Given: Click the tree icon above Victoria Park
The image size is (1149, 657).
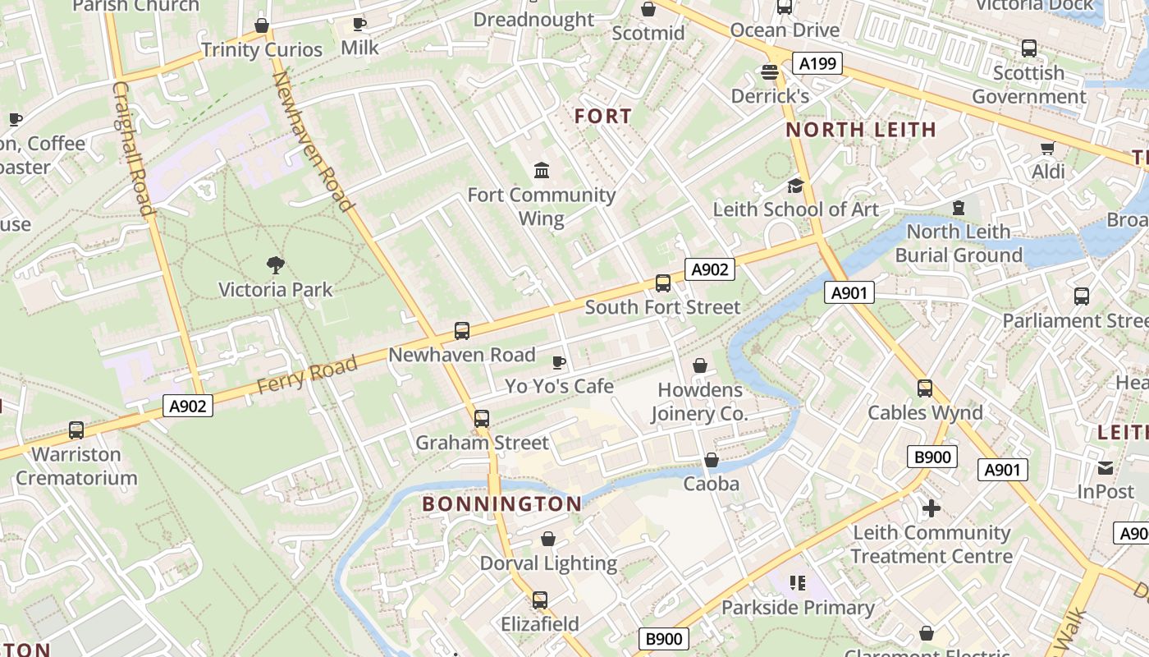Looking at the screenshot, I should point(276,264).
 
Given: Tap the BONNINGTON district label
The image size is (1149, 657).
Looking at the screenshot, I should point(502,503).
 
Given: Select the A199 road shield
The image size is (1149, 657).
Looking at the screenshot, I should point(817,63).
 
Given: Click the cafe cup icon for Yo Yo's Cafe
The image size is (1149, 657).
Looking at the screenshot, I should point(559,362).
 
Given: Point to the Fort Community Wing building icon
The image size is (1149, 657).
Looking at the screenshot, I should point(542,171).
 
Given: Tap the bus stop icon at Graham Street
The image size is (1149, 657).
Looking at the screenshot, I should point(482,419).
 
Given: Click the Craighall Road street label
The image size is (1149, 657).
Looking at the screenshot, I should point(133,148).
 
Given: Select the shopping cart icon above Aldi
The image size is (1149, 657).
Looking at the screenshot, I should point(1047,148).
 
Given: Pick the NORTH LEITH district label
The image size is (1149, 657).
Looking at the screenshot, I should point(861,129).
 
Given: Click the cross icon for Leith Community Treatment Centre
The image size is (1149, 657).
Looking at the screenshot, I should point(931,509).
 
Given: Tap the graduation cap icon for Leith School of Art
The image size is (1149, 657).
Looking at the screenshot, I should point(794,186).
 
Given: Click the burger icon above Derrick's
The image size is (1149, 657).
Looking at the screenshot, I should point(770,72).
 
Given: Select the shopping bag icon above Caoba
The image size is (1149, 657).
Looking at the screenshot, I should point(712,460).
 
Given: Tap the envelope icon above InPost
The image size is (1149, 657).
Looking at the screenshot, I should point(1106,468).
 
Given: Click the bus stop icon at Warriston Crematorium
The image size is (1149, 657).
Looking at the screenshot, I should point(76,430).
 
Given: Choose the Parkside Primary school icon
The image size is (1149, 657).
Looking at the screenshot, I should point(797,584).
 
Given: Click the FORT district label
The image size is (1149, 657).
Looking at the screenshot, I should point(603,117).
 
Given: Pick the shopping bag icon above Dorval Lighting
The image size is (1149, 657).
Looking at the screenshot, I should point(547,540).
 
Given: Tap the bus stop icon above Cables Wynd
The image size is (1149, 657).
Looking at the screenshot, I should point(925,388).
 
